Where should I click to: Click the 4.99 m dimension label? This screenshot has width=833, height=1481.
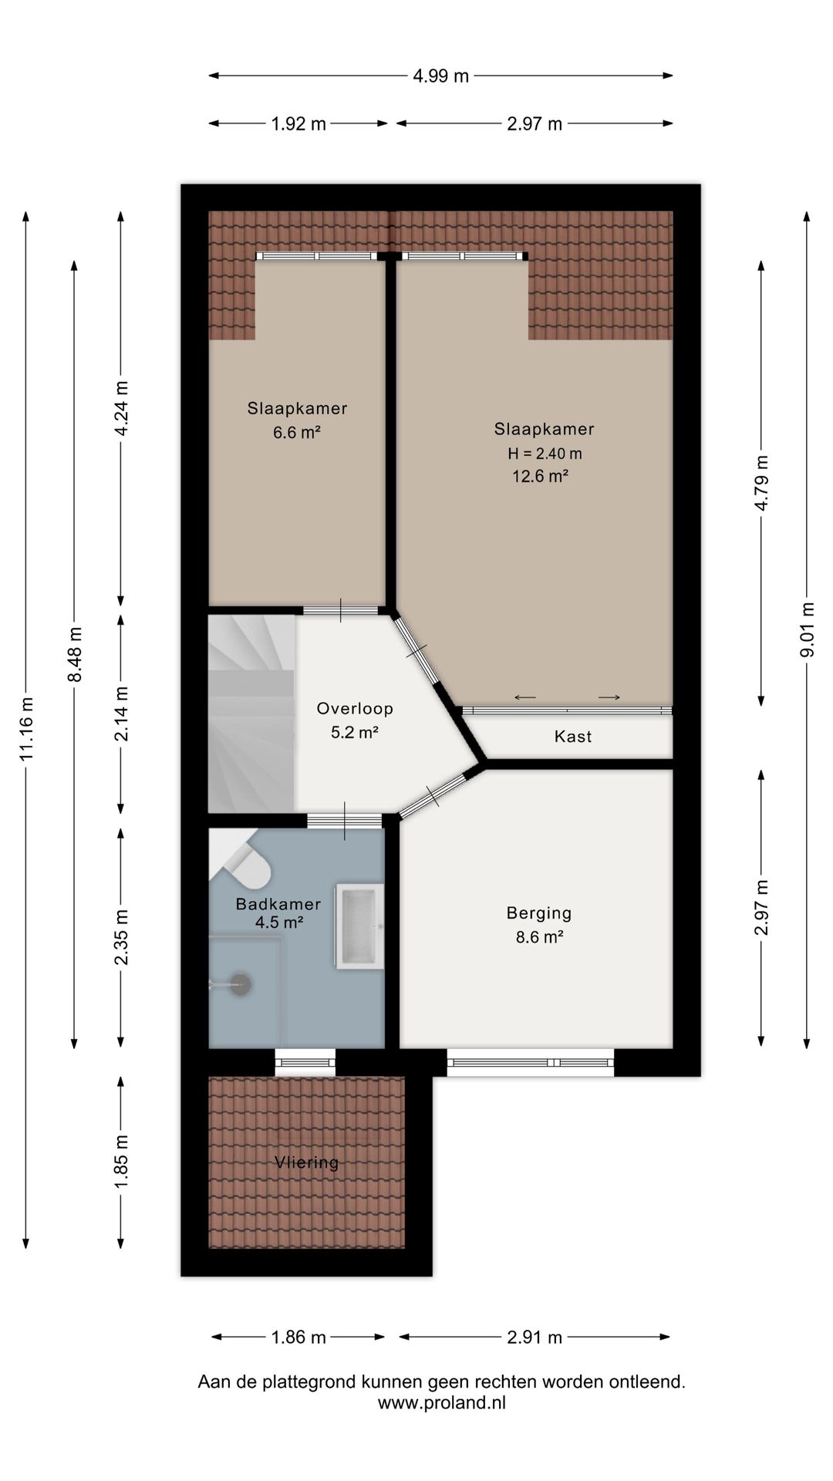pos(440,76)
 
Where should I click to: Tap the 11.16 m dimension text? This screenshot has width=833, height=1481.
pos(27,729)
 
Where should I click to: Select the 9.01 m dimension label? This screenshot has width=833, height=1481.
pos(808,630)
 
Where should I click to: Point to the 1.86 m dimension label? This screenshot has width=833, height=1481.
pos(298,1337)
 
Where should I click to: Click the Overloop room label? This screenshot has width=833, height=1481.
pos(355,708)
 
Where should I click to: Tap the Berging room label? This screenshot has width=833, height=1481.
pos(539,913)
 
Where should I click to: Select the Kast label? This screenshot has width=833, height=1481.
pos(573,737)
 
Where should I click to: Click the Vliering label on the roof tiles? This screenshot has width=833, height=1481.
pos(307,1162)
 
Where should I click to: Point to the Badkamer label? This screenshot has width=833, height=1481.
pos(278,904)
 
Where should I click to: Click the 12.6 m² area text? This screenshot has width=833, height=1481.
pos(541,476)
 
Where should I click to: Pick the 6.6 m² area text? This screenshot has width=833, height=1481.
pos(297,432)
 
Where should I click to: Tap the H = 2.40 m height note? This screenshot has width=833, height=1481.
pos(545,454)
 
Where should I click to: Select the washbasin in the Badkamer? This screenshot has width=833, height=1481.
pos(359,926)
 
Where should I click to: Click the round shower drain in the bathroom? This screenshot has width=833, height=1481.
pos(241,983)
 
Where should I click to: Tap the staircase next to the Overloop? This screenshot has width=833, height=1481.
pos(252,713)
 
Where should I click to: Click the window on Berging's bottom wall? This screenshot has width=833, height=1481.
pos(531,1062)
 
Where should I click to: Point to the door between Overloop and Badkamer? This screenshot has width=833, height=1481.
pos(345,821)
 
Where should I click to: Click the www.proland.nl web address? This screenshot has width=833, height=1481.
pos(442,1403)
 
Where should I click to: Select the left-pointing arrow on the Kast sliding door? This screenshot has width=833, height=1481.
pos(525,698)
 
